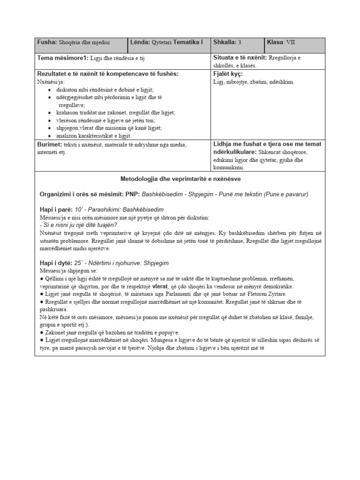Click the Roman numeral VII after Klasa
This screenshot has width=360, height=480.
click(x=291, y=42)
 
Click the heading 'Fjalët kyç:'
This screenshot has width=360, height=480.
click(x=228, y=74)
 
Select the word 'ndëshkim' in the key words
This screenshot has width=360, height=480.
click(x=282, y=82)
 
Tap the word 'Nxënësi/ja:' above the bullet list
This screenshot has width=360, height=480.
click(x=50, y=82)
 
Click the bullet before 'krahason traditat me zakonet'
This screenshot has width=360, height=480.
click(x=50, y=113)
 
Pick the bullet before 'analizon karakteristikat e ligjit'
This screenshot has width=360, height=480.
click(x=50, y=135)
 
